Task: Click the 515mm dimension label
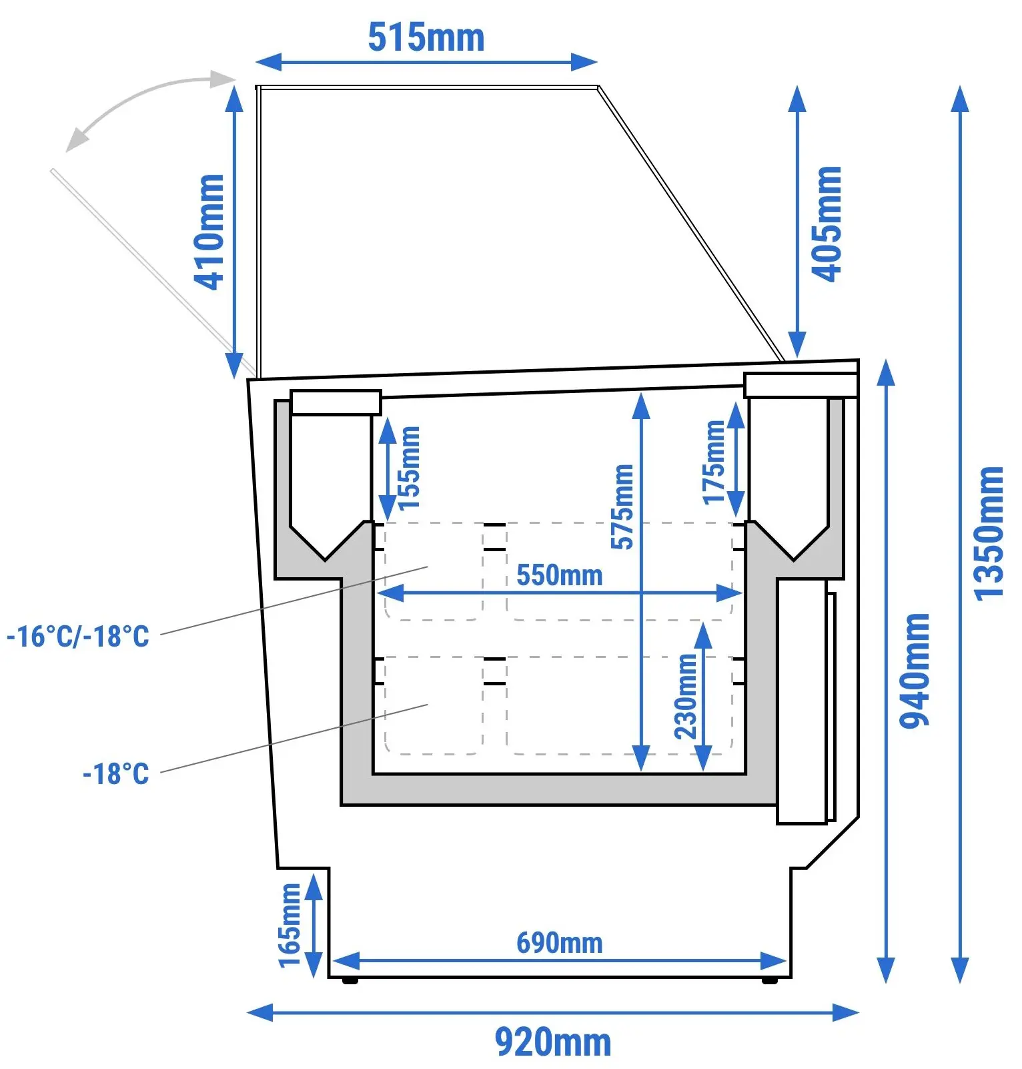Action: (426, 37)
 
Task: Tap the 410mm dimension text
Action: (209, 232)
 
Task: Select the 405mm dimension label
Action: (826, 224)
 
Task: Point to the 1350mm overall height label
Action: (988, 533)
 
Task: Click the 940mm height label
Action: (914, 671)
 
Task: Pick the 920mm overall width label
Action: (553, 1042)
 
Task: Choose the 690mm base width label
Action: (560, 943)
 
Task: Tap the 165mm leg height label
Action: (290, 925)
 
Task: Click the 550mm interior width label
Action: (560, 575)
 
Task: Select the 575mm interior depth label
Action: (622, 506)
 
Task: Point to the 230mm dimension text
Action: (686, 696)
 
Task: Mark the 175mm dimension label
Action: (714, 462)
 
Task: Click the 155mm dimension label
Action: (409, 468)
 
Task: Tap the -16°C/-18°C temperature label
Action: (78, 636)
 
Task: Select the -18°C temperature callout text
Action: (116, 773)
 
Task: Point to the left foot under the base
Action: (350, 980)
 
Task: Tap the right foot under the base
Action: (769, 980)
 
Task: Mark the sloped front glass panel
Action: (691, 224)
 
